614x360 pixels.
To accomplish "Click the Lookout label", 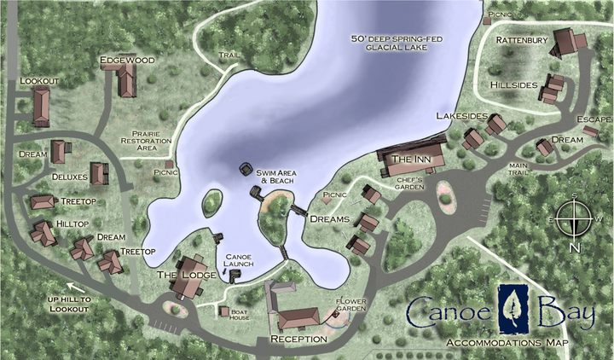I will tap(39, 81).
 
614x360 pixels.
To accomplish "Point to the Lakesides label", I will tap(461, 115).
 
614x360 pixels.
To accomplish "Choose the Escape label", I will tap(594, 119).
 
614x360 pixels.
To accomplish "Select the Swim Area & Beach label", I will tap(275, 177).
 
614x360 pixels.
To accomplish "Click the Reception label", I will tap(298, 339).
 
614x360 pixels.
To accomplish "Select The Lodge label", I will tap(177, 275).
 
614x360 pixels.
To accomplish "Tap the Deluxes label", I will tap(70, 177).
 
